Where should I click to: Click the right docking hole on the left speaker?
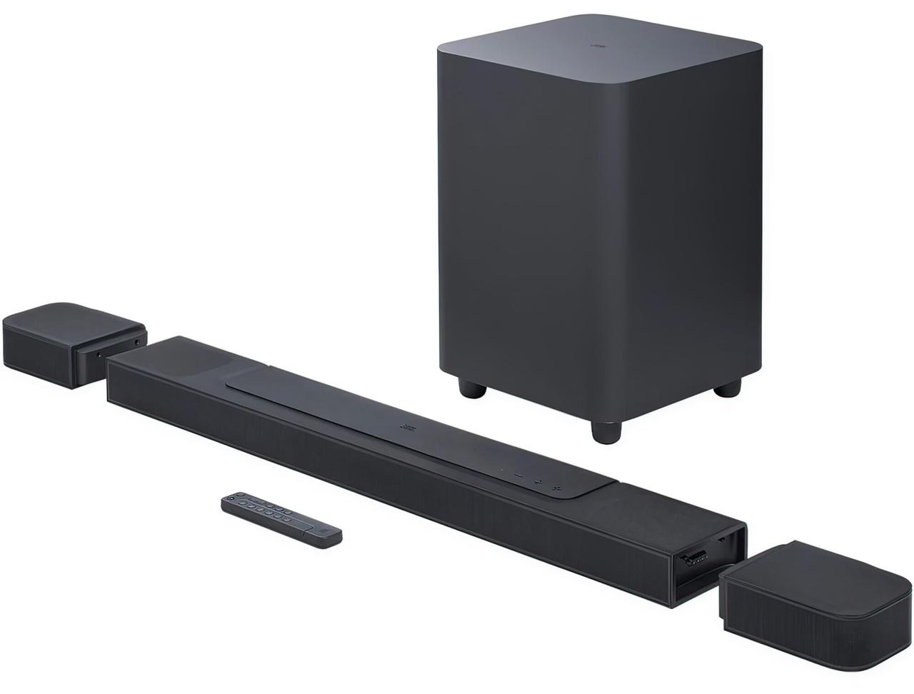(x=137, y=344)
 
